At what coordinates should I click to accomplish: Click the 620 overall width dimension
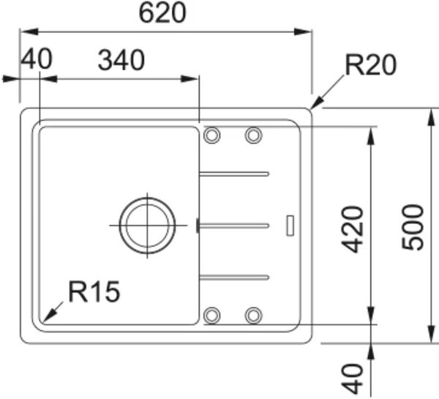[x=162, y=13]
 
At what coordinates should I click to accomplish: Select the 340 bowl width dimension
[x=121, y=60]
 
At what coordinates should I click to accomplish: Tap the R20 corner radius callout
[x=371, y=65]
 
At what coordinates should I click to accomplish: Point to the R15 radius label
[x=94, y=291]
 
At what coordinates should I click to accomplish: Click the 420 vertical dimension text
[x=353, y=229]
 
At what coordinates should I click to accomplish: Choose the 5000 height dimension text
[x=413, y=227]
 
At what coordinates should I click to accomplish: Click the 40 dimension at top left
[x=37, y=59]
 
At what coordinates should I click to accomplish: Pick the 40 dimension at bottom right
[x=353, y=379]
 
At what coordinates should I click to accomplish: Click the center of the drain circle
[x=148, y=225]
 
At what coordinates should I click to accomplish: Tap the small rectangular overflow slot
[x=290, y=225]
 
